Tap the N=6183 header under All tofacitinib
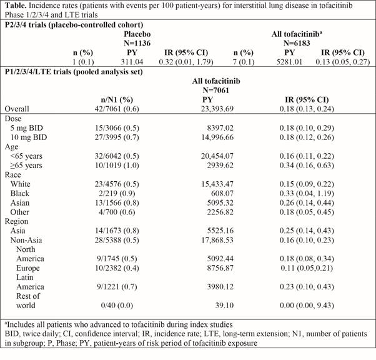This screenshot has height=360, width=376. (297, 43)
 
